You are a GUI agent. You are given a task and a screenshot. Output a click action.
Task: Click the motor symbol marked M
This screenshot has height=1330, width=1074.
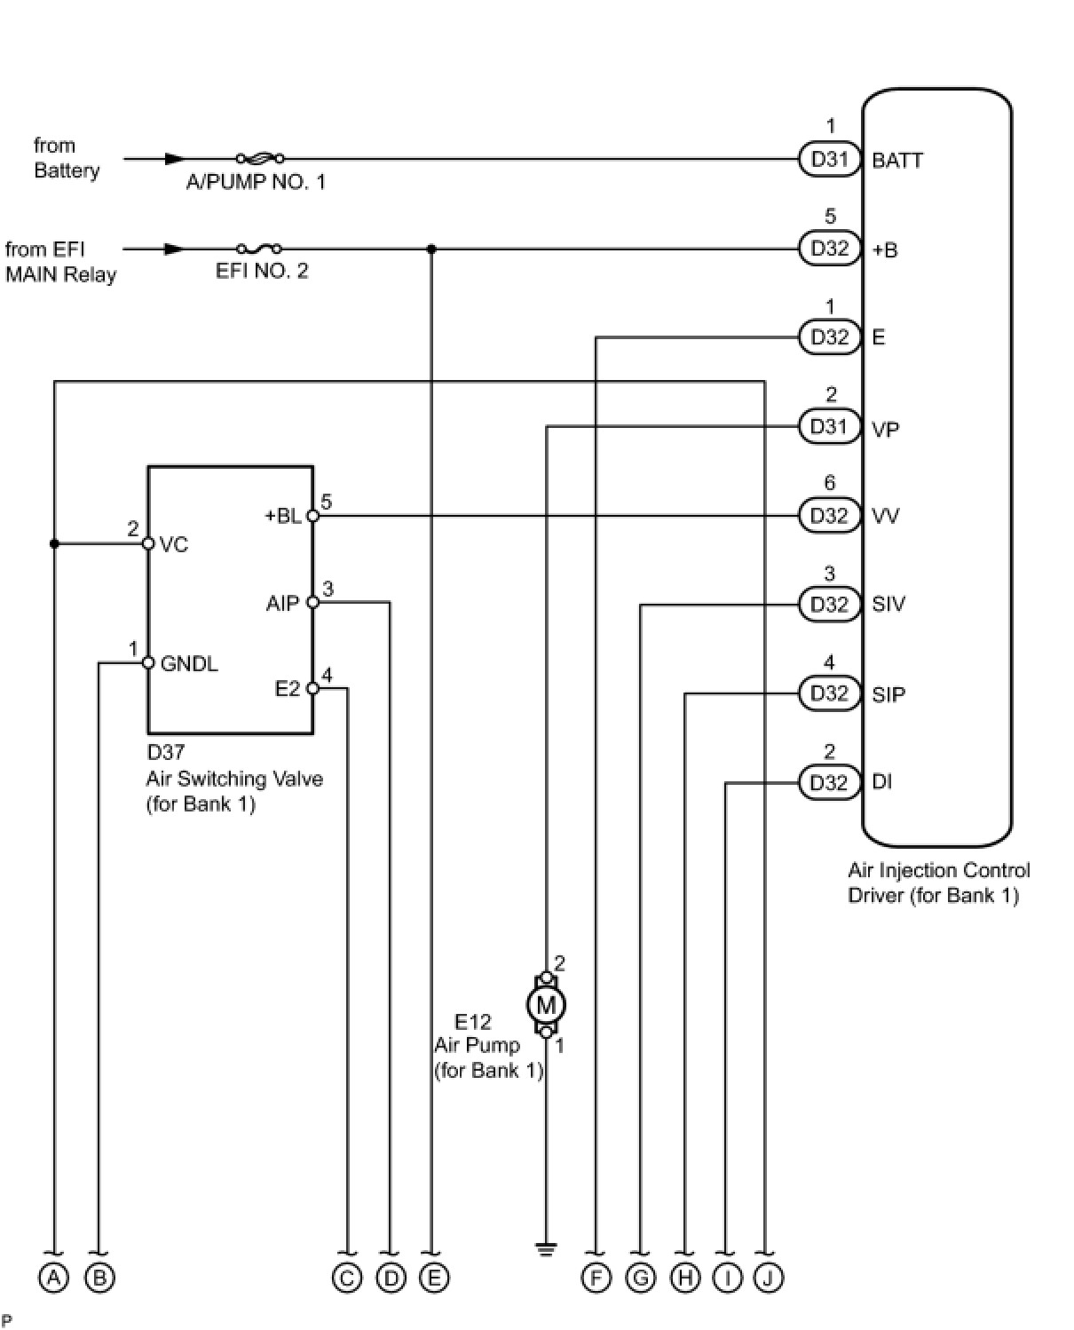coord(545,1005)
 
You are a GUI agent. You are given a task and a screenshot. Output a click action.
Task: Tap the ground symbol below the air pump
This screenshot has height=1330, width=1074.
coord(545,1249)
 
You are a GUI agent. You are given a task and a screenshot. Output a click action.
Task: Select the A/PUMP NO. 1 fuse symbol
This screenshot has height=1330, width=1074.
coord(260,158)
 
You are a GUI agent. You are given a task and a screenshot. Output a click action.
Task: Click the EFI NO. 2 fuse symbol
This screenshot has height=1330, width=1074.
coord(259,249)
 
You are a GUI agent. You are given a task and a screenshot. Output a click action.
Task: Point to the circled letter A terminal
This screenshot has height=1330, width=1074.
coord(53,1278)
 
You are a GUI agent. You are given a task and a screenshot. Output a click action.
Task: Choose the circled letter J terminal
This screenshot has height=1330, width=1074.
coord(768,1278)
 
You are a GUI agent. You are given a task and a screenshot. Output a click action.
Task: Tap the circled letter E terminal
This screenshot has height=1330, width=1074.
coord(433,1278)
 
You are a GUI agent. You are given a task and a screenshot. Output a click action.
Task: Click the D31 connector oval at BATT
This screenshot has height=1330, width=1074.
coord(829,159)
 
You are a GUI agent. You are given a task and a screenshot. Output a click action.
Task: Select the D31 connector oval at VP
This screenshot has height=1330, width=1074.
coord(829,426)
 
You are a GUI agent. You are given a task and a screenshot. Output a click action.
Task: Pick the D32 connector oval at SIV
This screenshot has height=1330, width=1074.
coord(829,605)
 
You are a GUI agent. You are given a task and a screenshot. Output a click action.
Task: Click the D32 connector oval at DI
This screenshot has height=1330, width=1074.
coord(829,782)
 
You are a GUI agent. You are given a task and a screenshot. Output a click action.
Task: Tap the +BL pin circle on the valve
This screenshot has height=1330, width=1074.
coord(313,516)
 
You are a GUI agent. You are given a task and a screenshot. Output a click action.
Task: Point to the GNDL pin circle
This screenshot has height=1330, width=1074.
coord(148,662)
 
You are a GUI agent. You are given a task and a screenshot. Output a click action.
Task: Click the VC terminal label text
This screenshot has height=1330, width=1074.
coord(173,544)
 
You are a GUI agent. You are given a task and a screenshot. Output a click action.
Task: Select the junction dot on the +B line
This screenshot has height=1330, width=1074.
coord(431,249)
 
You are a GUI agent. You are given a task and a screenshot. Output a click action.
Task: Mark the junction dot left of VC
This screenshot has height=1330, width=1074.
coord(54,544)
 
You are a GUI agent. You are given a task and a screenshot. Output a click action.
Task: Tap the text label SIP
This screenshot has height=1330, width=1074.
coord(888,694)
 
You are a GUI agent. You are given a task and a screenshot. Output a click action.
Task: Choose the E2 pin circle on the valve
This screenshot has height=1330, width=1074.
coord(313,688)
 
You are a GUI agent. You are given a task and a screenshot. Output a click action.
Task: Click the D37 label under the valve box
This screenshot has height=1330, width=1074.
coord(165,752)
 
